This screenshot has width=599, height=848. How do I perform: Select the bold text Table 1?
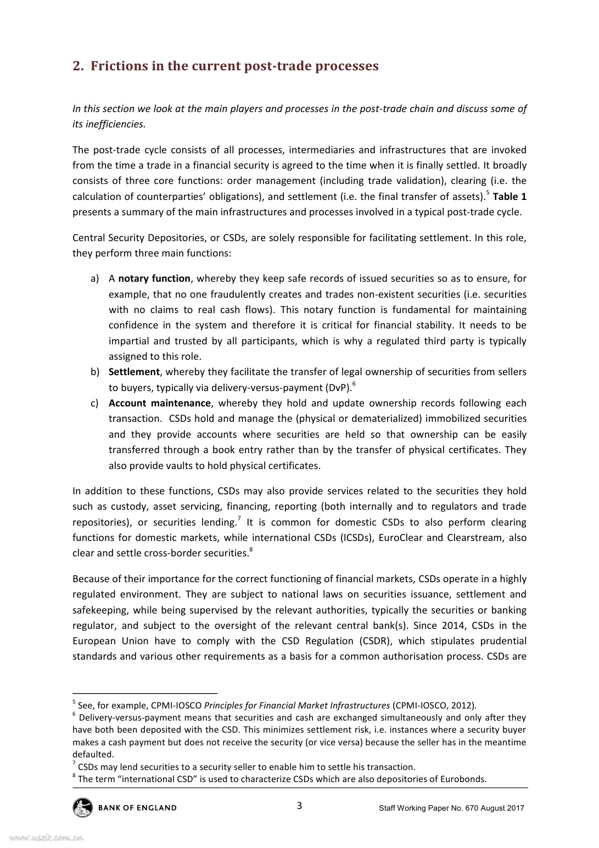click(x=510, y=197)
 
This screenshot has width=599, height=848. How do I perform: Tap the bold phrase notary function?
click(x=154, y=278)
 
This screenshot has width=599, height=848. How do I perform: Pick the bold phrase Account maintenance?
click(x=159, y=403)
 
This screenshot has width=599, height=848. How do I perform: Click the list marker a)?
click(x=94, y=278)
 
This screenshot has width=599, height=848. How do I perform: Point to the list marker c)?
click(x=94, y=403)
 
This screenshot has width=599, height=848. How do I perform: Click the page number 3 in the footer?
click(x=299, y=806)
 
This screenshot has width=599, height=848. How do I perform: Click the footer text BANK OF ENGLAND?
click(x=137, y=808)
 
